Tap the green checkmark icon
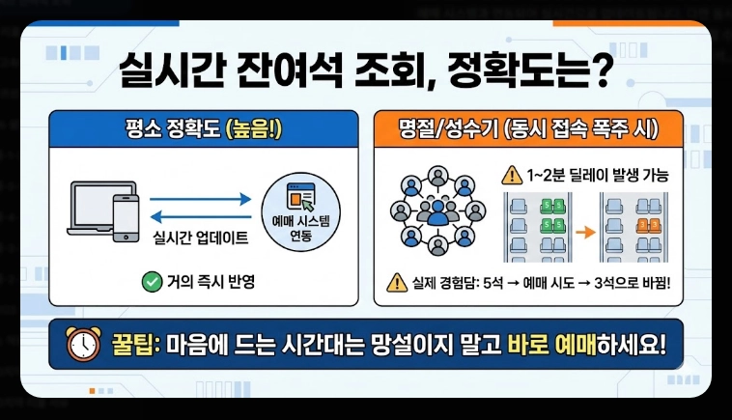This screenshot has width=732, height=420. point(151,282)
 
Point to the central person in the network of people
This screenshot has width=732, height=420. point(439,211)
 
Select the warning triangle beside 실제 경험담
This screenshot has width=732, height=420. point(396,282)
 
